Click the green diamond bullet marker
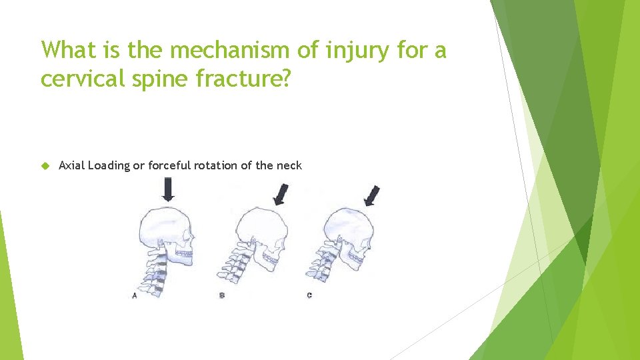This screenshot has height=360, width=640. pyautogui.click(x=45, y=165)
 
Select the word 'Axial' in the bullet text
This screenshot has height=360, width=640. pyautogui.click(x=71, y=165)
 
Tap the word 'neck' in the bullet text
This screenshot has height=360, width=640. pyautogui.click(x=290, y=165)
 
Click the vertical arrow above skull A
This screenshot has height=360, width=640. pyautogui.click(x=168, y=191)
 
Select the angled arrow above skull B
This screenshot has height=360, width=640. pyautogui.click(x=281, y=195)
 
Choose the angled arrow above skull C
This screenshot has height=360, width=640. pyautogui.click(x=372, y=195)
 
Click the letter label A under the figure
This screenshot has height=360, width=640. pyautogui.click(x=135, y=295)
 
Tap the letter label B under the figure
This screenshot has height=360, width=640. pyautogui.click(x=222, y=295)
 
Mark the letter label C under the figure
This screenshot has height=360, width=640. pyautogui.click(x=309, y=295)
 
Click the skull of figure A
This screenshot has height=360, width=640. pyautogui.click(x=167, y=231)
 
